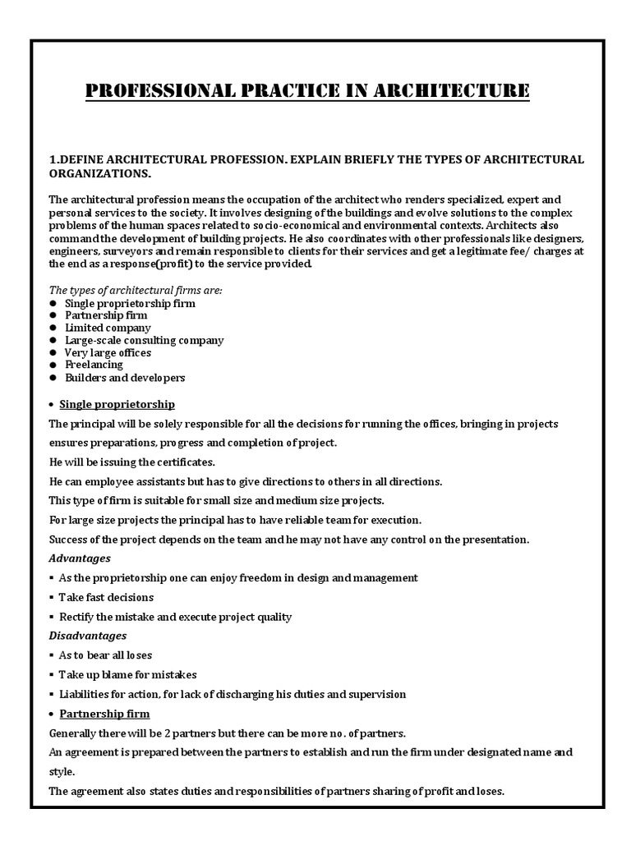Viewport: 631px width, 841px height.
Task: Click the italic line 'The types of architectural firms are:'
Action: [x=136, y=290]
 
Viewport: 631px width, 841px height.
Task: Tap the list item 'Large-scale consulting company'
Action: [x=144, y=340]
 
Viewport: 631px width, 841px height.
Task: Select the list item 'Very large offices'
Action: [x=108, y=352]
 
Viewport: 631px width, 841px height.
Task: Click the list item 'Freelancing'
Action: [x=94, y=365]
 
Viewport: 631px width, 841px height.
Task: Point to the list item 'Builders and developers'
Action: [x=125, y=378]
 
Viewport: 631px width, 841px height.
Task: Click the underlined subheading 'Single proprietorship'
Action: [x=117, y=404]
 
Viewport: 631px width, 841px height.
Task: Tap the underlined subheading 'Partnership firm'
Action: [x=104, y=714]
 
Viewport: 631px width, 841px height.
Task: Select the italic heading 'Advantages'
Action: [x=80, y=558]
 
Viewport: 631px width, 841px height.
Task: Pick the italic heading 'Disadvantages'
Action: [x=88, y=636]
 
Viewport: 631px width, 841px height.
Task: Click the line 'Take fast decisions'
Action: [x=106, y=597]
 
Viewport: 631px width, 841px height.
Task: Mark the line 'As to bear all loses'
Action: [x=105, y=655]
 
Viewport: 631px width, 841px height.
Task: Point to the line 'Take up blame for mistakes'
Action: [x=127, y=674]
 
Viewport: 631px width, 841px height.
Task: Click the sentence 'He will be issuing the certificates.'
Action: [x=132, y=462]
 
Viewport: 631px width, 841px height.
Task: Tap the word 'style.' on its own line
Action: [x=62, y=772]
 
